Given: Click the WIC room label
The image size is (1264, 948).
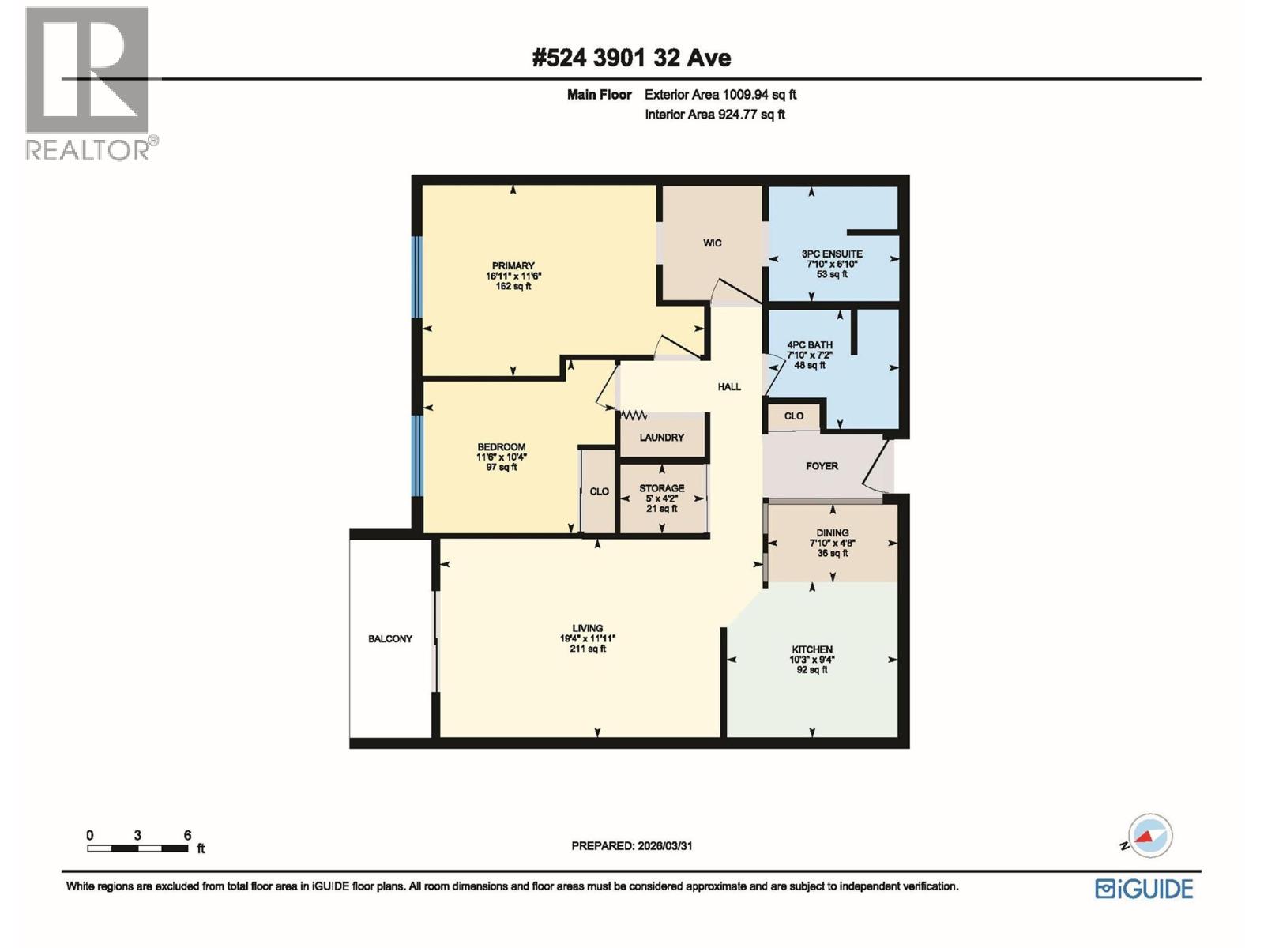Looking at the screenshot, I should (712, 243).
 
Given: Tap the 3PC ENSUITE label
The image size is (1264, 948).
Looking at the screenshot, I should (832, 254).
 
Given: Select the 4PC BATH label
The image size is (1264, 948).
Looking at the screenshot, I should (810, 345).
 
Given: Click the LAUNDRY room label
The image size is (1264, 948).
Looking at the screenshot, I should (662, 438).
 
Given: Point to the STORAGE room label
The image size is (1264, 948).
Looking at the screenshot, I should (662, 489).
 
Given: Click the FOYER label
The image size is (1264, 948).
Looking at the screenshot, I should (822, 466).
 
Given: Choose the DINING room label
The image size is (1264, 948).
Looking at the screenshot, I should (833, 533).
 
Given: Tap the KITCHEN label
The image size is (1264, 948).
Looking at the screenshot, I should (812, 649).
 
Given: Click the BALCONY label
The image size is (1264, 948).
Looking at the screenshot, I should (390, 638).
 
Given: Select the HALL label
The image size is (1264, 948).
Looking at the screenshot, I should (729, 387).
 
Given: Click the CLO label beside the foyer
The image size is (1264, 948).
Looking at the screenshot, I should (794, 416).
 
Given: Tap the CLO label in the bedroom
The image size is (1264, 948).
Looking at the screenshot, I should (600, 491).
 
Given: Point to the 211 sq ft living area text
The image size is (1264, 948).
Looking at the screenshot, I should (588, 649).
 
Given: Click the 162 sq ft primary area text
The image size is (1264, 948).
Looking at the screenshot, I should (513, 287).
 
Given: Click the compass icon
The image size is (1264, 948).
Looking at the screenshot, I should (1149, 836).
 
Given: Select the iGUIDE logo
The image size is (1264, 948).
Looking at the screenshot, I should (1144, 889).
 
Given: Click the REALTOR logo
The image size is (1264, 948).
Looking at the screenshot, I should (88, 83).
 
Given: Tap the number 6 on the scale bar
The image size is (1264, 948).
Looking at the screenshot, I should (187, 835).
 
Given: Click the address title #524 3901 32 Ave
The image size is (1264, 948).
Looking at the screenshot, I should (632, 58).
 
